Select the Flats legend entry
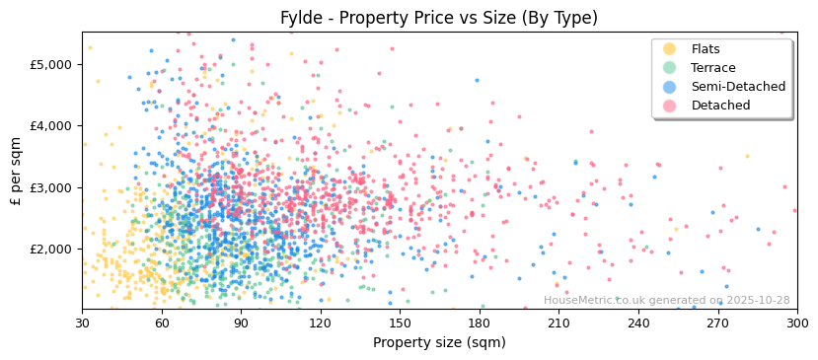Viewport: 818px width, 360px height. [x=706, y=49]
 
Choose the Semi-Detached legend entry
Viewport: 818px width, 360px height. [x=738, y=87]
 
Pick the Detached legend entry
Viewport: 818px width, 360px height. [x=720, y=106]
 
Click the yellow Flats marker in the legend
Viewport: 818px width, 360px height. [x=669, y=49]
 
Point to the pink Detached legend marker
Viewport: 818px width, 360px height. [x=669, y=106]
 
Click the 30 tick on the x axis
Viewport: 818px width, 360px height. [x=82, y=324]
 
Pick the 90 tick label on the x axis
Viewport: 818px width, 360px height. [x=241, y=324]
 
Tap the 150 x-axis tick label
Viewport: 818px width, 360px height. [x=400, y=324]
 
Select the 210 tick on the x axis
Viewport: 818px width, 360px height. [x=558, y=324]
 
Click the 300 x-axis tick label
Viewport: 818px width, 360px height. [x=797, y=324]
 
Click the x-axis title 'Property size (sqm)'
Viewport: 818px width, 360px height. [x=439, y=343]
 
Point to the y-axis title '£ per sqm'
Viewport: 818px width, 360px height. [x=16, y=171]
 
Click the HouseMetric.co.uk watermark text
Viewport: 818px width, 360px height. [x=666, y=301]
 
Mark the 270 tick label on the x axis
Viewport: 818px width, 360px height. [x=717, y=324]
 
